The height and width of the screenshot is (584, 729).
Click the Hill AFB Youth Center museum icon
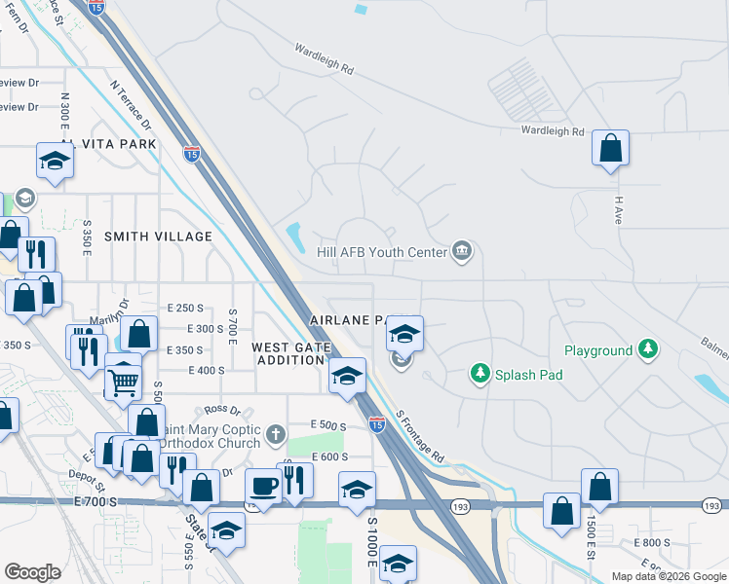[x=462, y=251]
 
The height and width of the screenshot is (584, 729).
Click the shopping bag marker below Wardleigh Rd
[x=611, y=149]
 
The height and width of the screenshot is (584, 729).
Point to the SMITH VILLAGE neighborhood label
[x=158, y=237]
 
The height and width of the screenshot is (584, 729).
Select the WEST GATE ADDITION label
[x=288, y=353]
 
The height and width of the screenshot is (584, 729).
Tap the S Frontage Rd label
[x=421, y=435]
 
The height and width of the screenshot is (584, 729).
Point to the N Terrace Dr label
[x=132, y=106]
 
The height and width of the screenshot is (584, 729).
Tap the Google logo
[x=32, y=571]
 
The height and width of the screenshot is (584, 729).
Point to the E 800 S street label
[x=652, y=542]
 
